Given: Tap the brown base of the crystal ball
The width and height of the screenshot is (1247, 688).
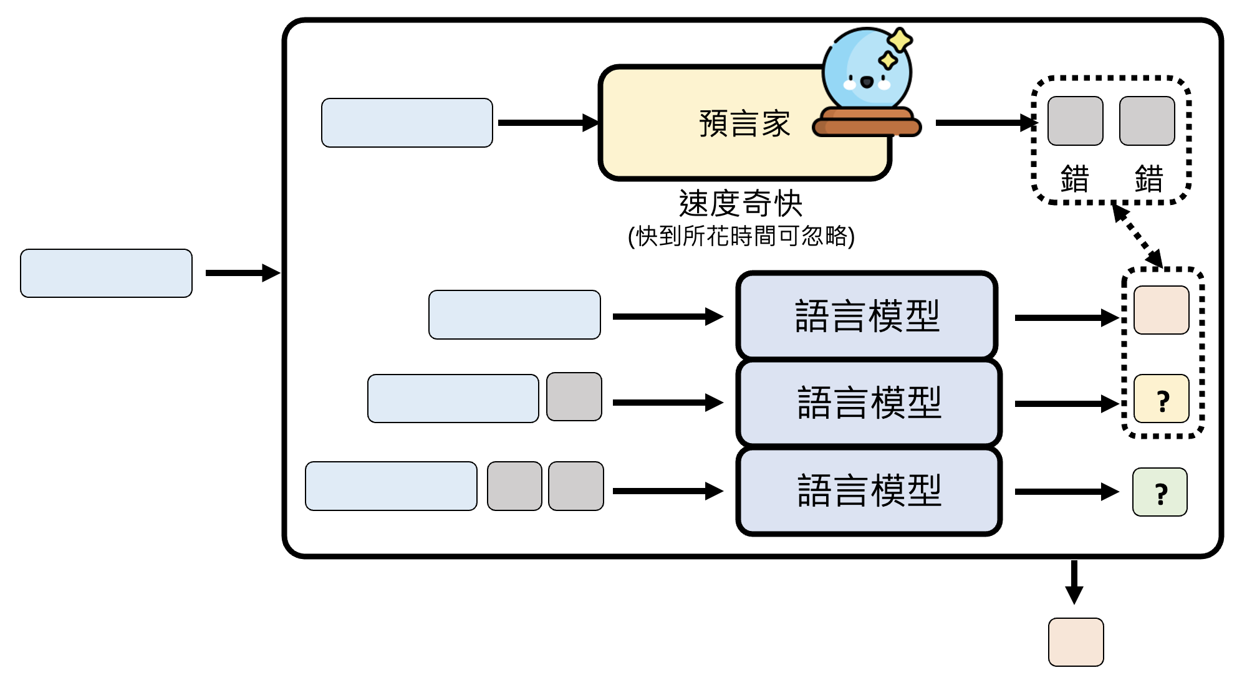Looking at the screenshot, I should point(867,123).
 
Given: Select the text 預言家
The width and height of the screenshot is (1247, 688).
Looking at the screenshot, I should point(744,123).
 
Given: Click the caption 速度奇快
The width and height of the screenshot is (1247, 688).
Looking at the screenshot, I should point(741,203).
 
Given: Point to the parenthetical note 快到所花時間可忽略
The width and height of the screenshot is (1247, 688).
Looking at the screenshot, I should point(741,236).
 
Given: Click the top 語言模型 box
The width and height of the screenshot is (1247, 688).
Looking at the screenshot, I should point(867,315).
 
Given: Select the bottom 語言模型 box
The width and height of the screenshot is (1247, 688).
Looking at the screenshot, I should point(869,490).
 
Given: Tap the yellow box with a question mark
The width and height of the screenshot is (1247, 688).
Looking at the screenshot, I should point(1162,399).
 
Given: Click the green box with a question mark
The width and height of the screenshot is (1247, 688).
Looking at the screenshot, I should point(1160,492).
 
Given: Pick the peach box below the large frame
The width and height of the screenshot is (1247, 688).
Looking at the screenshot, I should point(1076,642).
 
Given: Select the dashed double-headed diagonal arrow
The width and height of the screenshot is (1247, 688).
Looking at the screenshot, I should point(1137,236).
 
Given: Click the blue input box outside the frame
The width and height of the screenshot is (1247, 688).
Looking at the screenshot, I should point(106,273).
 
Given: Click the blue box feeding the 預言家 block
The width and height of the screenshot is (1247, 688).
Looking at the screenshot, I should point(407,123).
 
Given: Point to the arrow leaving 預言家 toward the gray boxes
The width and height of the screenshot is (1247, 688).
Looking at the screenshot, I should point(985,123).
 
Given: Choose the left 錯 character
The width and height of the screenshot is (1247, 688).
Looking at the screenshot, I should point(1075,179).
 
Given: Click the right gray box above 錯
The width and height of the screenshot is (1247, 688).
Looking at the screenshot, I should point(1147,121).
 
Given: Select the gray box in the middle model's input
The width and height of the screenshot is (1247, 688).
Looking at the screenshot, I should point(574,397).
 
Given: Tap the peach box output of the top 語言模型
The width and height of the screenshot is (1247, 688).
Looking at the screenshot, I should point(1161,310).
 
